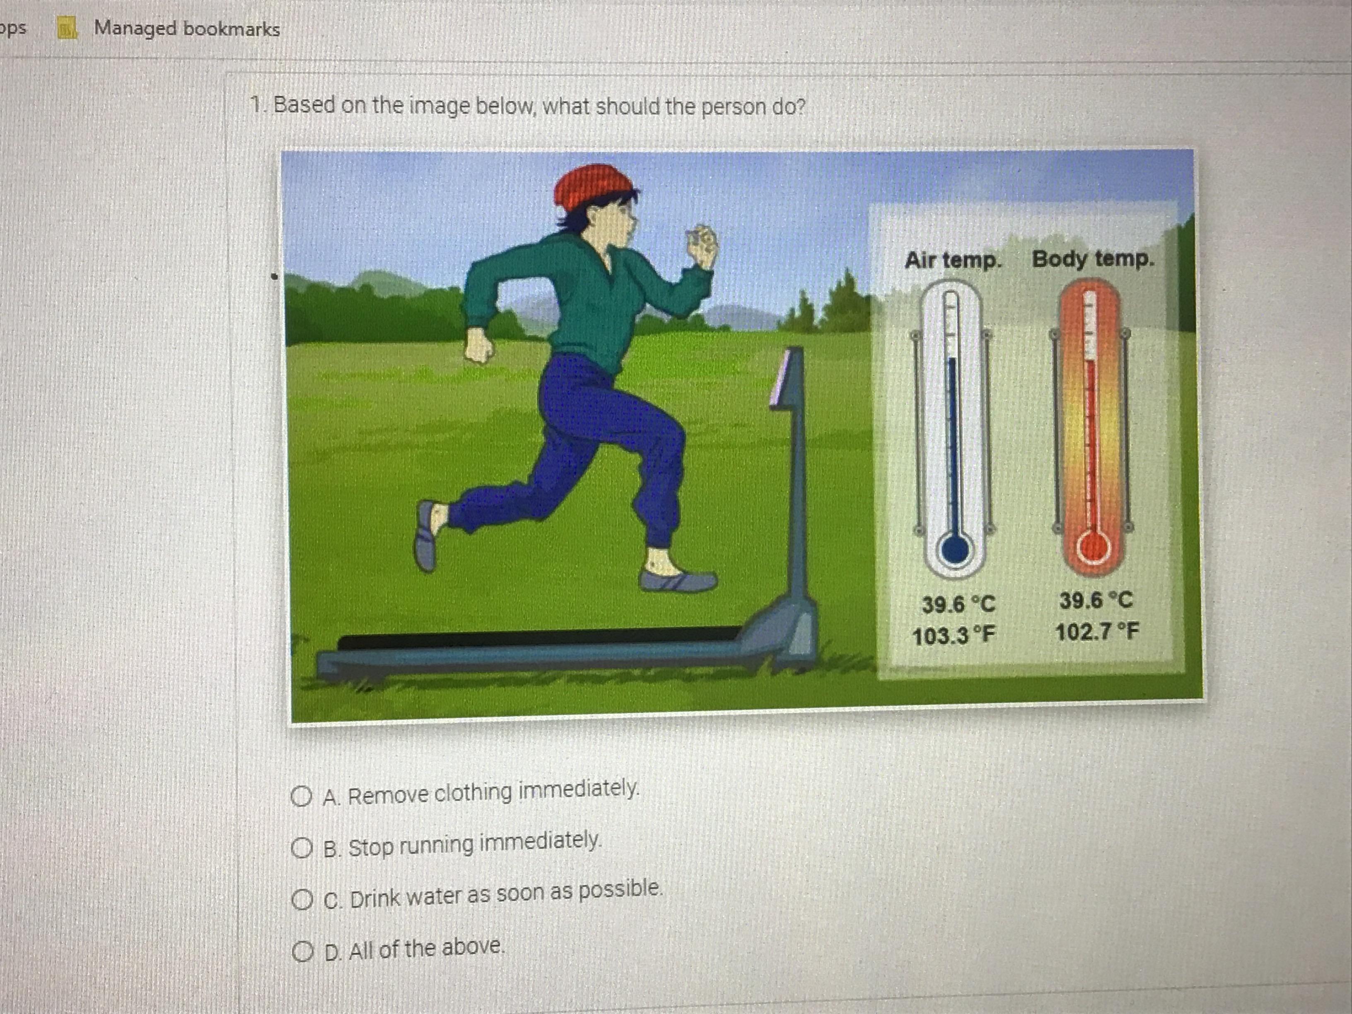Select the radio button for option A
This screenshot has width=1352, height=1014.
[x=301, y=797]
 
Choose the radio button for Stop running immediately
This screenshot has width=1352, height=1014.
[x=301, y=848]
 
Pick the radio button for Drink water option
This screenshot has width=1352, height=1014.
[x=301, y=900]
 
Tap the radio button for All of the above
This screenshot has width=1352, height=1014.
[x=301, y=951]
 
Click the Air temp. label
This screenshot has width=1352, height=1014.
[x=953, y=261]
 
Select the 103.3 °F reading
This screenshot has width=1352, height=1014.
[x=954, y=636]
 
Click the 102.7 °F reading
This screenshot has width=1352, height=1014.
[x=1097, y=631]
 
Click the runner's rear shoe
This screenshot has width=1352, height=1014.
[x=426, y=536]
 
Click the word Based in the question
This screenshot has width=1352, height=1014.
[x=303, y=105]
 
